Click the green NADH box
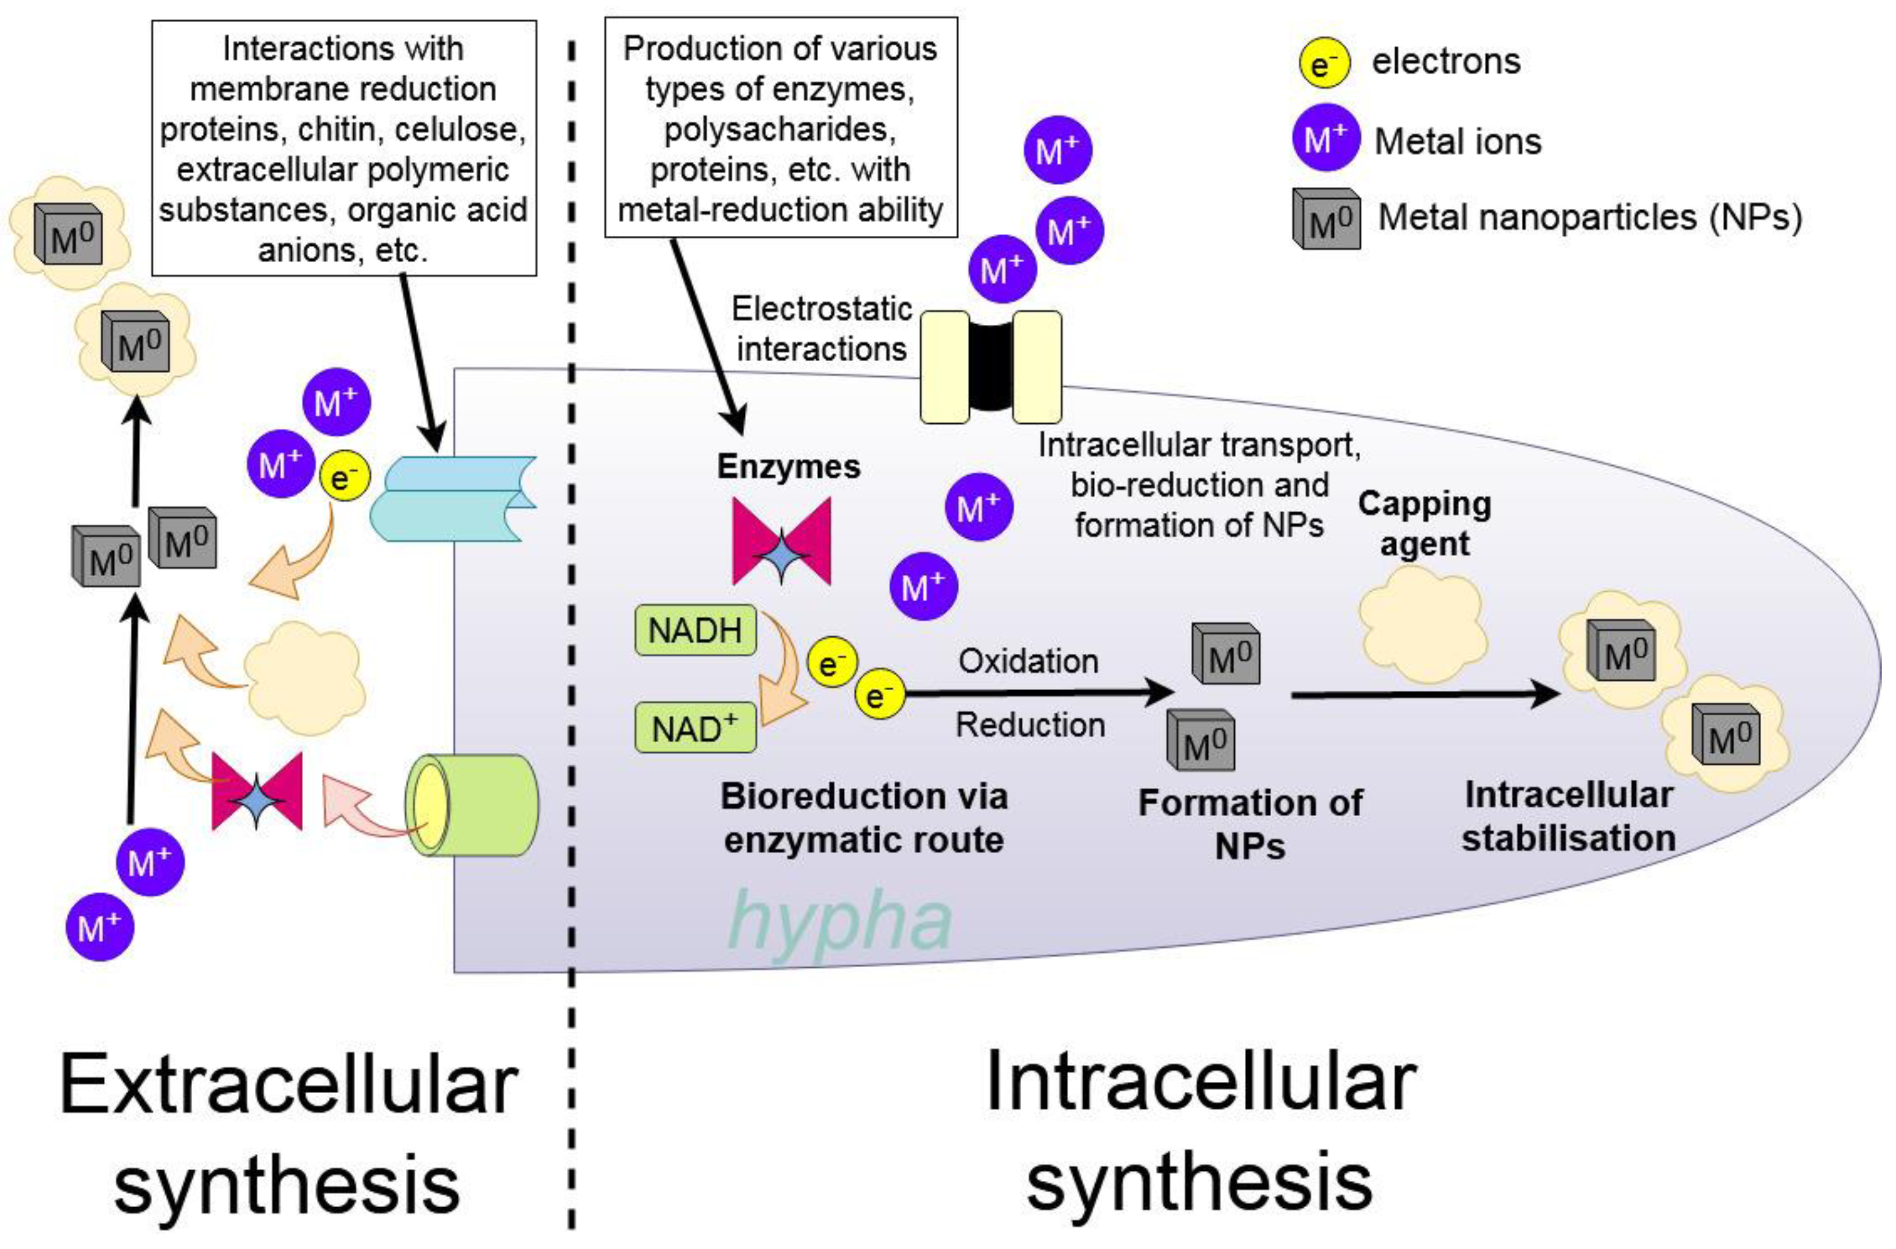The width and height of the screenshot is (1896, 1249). click(695, 630)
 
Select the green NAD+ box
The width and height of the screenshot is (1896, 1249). click(695, 728)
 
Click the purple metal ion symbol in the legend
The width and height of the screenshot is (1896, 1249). click(1325, 137)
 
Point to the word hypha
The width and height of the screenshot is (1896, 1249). click(840, 919)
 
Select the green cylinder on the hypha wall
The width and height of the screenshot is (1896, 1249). click(471, 805)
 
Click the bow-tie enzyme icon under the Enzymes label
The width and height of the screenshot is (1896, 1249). click(782, 541)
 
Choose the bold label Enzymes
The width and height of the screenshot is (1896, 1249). click(789, 466)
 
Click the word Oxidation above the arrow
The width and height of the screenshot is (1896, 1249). click(1028, 661)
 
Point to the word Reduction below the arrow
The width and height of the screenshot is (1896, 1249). click(1030, 725)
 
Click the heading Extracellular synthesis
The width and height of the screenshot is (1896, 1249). click(288, 1135)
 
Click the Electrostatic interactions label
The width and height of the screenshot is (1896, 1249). click(822, 328)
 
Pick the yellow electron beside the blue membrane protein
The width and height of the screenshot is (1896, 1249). click(344, 476)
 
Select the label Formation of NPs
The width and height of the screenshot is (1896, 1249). click(1250, 823)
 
